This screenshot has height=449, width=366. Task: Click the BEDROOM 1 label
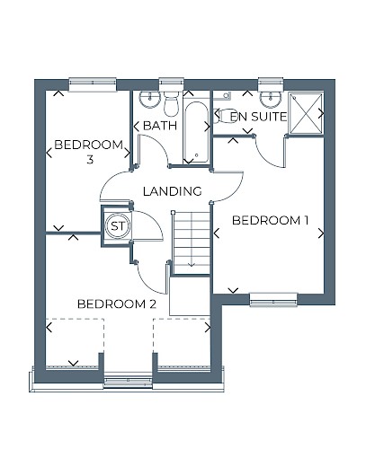(x=270, y=221)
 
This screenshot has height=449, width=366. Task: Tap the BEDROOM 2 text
(x=117, y=304)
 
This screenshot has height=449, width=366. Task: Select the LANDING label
(x=172, y=191)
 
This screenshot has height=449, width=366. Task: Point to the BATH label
(x=160, y=126)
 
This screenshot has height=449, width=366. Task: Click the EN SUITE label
(x=258, y=117)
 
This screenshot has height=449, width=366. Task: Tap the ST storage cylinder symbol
(x=118, y=226)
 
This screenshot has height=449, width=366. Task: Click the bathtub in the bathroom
(x=196, y=132)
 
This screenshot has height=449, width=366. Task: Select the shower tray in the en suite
(x=306, y=113)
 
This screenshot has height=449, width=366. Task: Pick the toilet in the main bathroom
(x=171, y=103)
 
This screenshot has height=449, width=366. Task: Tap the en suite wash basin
(x=271, y=99)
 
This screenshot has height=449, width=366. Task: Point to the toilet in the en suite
(x=225, y=115)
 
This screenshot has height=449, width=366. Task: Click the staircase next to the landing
(x=191, y=242)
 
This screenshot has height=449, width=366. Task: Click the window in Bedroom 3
(x=93, y=84)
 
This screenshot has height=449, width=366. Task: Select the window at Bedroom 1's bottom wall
(x=273, y=299)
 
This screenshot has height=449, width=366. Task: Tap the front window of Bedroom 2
(x=128, y=380)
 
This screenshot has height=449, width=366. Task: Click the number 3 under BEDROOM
(x=90, y=160)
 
